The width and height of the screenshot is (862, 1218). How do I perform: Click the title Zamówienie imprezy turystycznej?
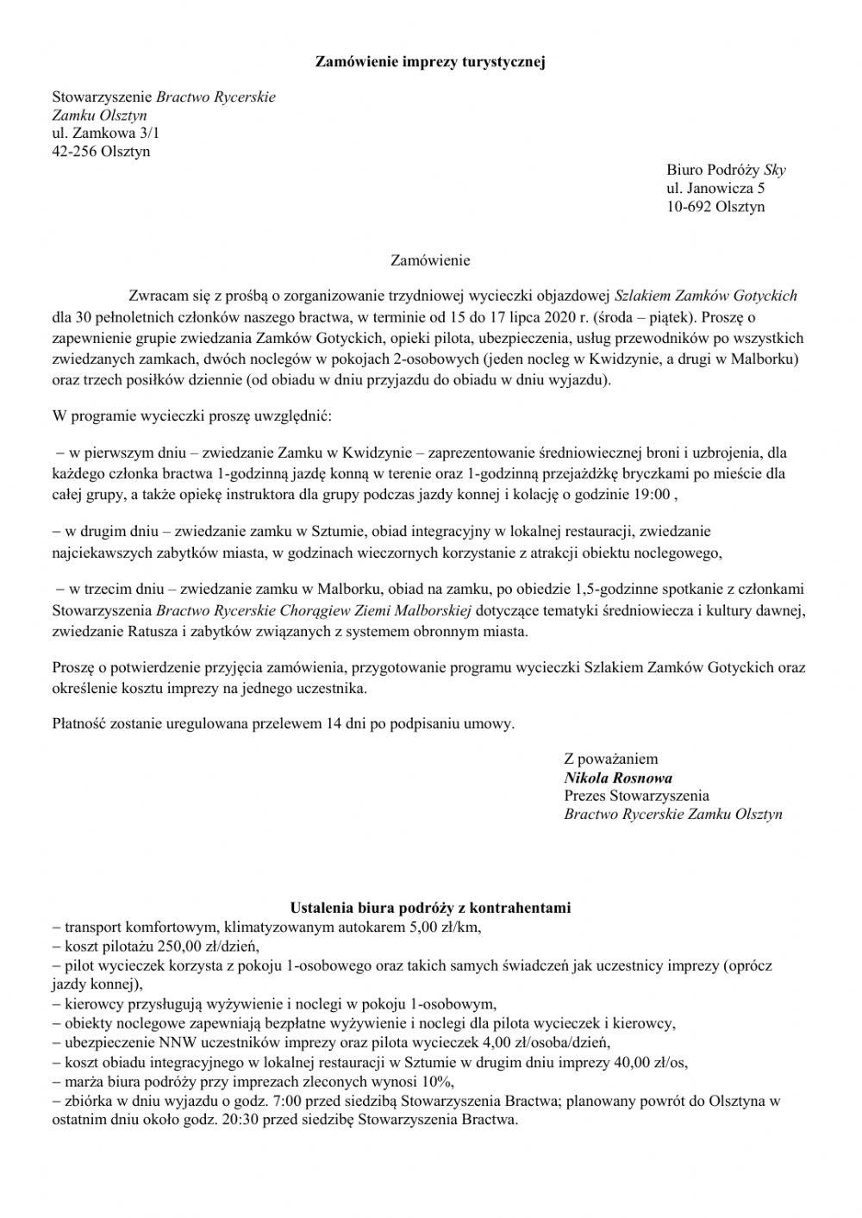(430, 61)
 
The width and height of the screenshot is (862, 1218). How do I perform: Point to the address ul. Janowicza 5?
(715, 188)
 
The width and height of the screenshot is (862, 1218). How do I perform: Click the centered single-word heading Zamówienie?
(430, 259)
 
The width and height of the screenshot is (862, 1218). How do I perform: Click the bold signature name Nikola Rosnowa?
(618, 778)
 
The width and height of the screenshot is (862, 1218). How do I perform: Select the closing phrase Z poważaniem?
(610, 759)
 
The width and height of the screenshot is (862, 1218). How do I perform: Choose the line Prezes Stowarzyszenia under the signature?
(636, 796)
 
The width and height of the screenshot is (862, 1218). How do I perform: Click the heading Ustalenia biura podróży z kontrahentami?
(430, 908)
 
